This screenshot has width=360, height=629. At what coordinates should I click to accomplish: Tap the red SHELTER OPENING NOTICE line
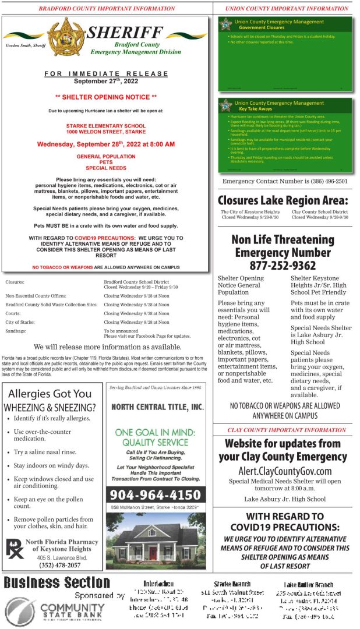pos(106,96)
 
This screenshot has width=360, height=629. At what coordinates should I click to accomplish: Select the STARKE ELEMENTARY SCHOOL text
pos(106,125)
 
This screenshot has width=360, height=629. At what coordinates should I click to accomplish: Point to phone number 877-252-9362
pos(282,266)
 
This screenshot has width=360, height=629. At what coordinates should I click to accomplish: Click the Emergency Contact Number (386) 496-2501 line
pos(285,181)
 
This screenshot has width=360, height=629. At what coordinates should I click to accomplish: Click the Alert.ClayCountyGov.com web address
pos(285,471)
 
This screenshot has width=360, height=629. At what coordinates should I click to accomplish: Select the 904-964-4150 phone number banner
pos(155,495)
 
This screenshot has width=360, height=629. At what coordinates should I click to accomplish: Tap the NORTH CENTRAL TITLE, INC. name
pos(157,407)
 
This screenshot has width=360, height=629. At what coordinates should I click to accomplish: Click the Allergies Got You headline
pos(50,394)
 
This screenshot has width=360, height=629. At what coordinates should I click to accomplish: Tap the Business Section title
pos(57,582)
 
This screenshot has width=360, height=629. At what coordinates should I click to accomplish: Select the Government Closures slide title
pos(262,27)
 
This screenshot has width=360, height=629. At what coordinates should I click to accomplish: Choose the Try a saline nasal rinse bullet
pos(45,452)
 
